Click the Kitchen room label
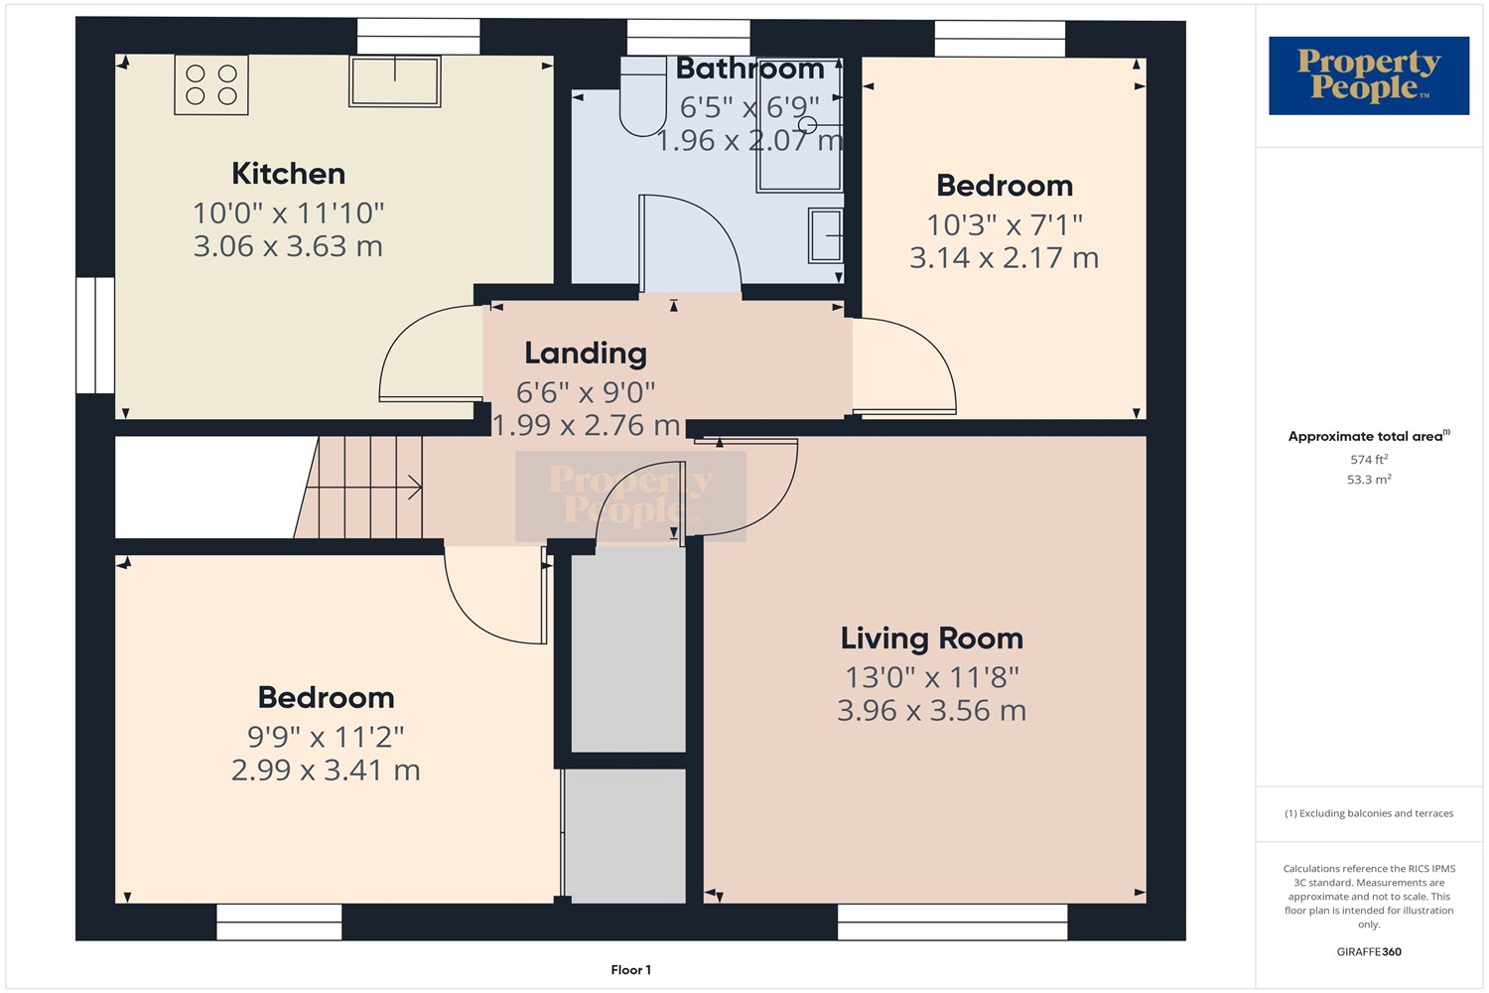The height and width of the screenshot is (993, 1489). [x=288, y=174]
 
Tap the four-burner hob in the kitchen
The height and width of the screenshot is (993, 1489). [x=211, y=85]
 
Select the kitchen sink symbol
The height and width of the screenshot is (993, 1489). [x=394, y=81]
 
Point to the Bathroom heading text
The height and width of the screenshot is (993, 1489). [x=749, y=69]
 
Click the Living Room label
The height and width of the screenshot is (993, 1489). [x=931, y=638]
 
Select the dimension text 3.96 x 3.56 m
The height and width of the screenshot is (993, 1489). [x=931, y=711]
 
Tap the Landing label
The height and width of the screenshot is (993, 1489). [x=586, y=354]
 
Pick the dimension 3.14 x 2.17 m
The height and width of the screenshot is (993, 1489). [x=1004, y=258]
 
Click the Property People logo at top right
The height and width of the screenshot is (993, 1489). [x=1368, y=75]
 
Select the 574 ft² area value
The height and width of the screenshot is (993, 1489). [x=1369, y=460]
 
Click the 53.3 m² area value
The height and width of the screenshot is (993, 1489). [x=1369, y=480]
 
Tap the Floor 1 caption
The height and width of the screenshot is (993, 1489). [x=630, y=970]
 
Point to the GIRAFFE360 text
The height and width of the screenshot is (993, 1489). [x=1369, y=951]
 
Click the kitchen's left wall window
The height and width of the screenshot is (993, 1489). [x=95, y=335]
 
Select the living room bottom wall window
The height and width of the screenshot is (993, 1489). [x=952, y=922]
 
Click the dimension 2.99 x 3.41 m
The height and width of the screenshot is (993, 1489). [x=326, y=771]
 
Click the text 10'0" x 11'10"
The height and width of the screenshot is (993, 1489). [x=288, y=213]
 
